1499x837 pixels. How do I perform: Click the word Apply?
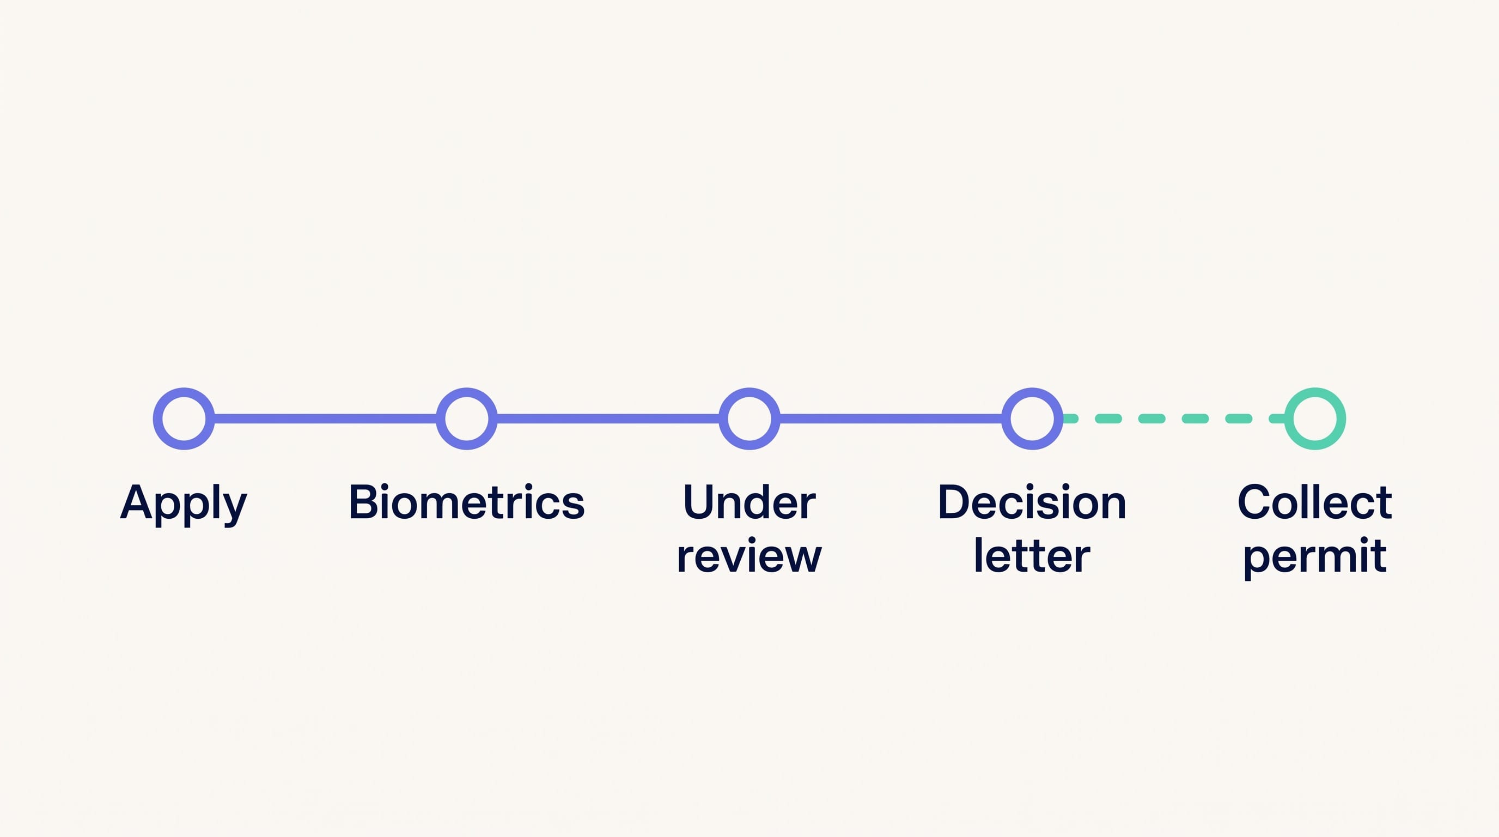coord(184,504)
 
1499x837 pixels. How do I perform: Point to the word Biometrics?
coord(467,502)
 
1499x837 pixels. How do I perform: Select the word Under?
coord(750,502)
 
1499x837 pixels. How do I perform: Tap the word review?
coord(750,555)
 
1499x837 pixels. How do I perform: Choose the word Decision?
coord(1032,502)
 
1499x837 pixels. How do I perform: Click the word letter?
coord(1032,555)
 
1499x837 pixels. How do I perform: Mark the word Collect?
coord(1315,502)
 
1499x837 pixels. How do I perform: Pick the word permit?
coord(1315,557)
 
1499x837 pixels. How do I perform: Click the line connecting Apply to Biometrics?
coord(325,418)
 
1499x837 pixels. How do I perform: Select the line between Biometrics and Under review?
coord(608,418)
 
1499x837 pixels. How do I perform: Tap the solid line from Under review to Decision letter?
coord(891,418)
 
